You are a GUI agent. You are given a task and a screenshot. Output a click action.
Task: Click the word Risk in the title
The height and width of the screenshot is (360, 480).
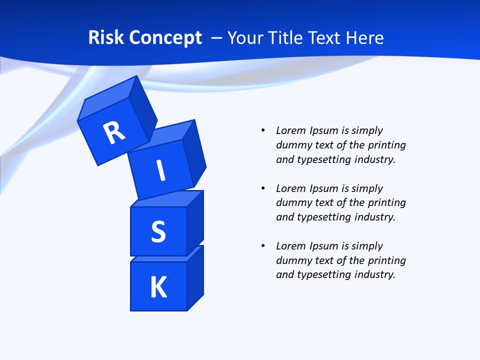[106, 37]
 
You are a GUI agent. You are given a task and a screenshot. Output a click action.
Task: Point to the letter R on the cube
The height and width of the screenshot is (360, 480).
[114, 133]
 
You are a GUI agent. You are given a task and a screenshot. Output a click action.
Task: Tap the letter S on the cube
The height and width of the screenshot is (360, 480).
[158, 232]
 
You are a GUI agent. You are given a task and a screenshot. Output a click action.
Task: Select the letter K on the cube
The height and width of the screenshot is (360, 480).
[158, 287]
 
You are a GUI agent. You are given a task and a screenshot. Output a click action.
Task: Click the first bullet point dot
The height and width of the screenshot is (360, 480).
[263, 130]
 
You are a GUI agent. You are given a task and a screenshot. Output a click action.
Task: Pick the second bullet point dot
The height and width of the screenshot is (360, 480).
[263, 188]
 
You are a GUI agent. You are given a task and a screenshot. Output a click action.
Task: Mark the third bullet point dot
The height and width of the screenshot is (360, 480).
[263, 246]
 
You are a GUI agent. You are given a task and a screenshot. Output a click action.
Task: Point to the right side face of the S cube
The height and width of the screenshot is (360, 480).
[195, 222]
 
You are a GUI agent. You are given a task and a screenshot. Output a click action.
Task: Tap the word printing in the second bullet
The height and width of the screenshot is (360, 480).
[387, 202]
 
